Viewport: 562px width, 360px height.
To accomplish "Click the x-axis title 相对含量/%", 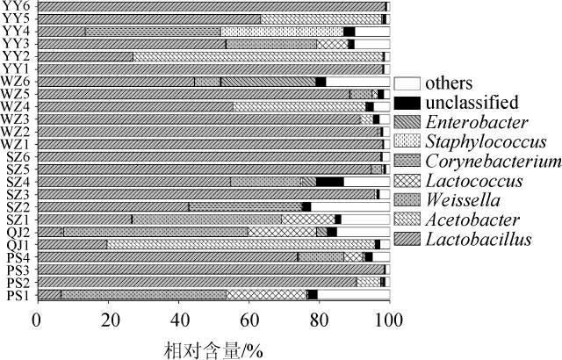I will pyautogui.click(x=212, y=348).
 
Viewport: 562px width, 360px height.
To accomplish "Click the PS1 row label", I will pyautogui.click(x=17, y=295).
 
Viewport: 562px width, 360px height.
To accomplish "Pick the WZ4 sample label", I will pyautogui.click(x=16, y=106).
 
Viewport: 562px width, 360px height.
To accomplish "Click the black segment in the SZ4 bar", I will pyautogui.click(x=329, y=182).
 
